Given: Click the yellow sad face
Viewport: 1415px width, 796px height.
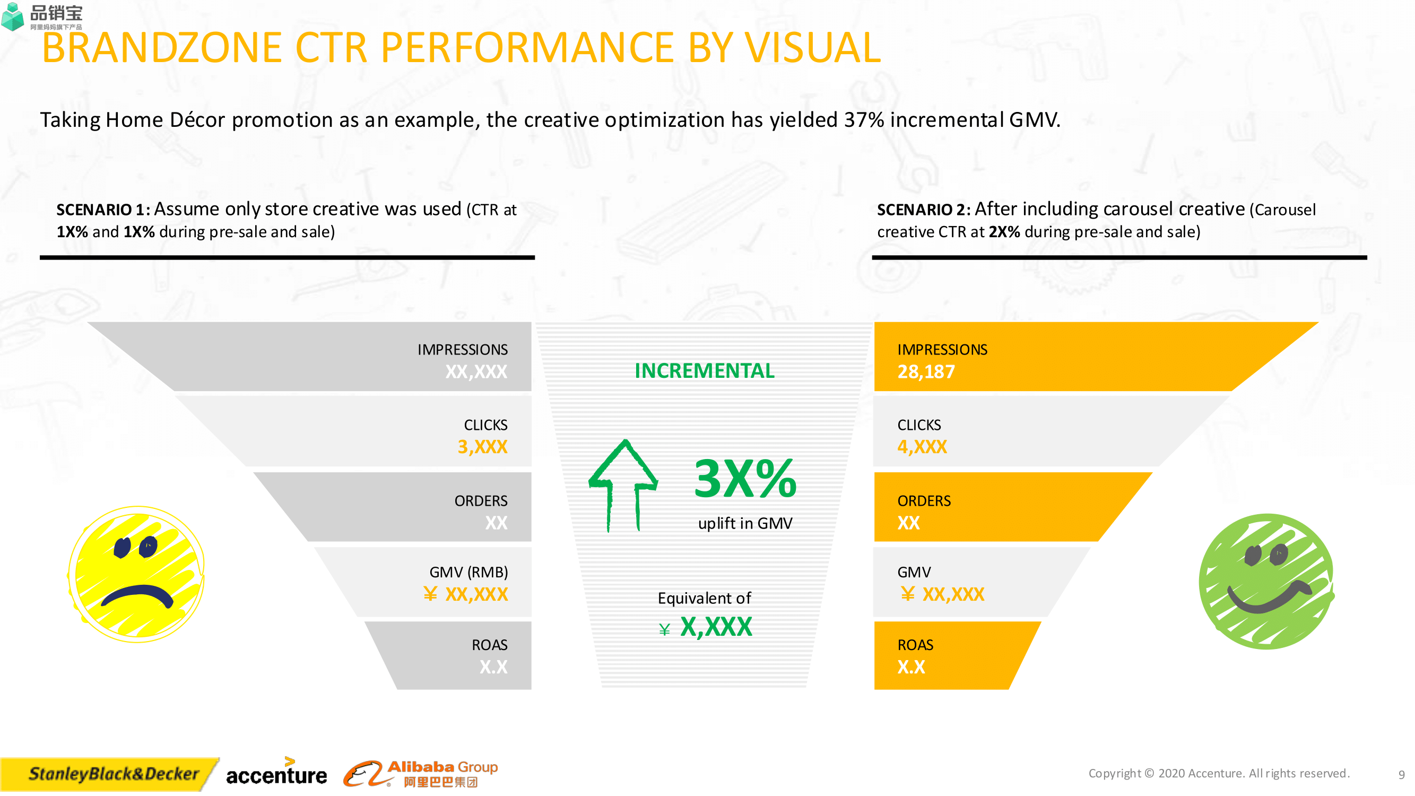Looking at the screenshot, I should [136, 574].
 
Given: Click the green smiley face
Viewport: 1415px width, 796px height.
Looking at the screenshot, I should [1266, 581].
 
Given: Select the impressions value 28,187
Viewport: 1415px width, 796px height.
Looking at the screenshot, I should [926, 372].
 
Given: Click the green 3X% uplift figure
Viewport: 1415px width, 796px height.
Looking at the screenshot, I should [745, 479].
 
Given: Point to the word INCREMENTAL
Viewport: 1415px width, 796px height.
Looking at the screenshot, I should [705, 371].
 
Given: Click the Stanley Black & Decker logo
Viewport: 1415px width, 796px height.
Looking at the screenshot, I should [112, 774].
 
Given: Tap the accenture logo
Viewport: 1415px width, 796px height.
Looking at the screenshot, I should [276, 774].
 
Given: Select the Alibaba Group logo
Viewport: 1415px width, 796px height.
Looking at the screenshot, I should [421, 774].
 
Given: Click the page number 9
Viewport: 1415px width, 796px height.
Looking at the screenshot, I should [1401, 775].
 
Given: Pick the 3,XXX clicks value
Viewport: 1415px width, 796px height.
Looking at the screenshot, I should [482, 447].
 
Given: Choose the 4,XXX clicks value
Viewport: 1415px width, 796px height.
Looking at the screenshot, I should [922, 447].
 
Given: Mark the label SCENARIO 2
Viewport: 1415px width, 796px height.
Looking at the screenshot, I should [923, 210].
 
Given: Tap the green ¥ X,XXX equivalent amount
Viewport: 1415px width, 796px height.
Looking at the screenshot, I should [706, 627].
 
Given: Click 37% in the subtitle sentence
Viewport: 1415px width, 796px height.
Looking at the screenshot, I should [864, 120].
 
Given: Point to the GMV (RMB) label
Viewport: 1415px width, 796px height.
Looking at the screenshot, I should [468, 572].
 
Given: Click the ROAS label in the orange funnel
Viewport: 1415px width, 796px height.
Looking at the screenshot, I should [915, 645].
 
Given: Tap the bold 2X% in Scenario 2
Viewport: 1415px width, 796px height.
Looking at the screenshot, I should [1004, 232].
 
